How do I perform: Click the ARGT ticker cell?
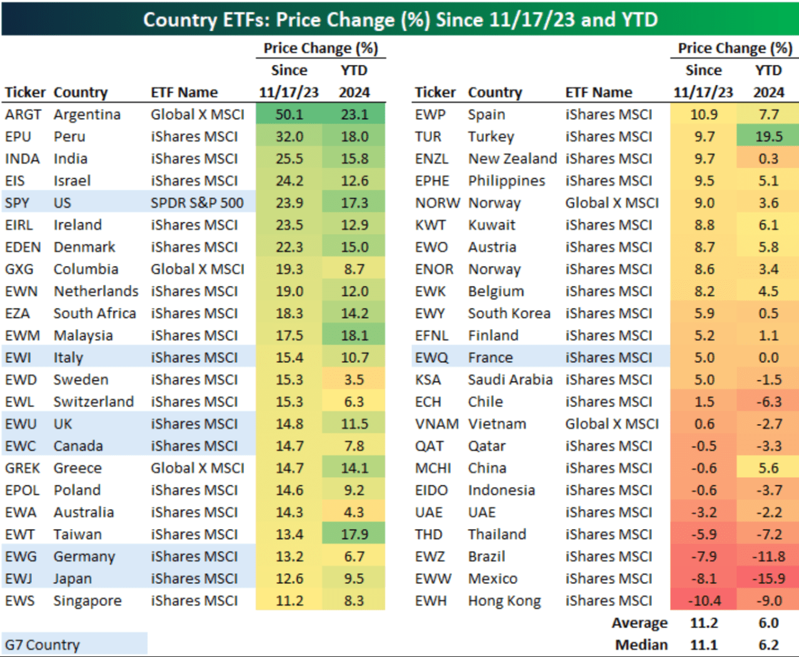pyautogui.click(x=23, y=115)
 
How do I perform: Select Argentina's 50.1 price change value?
pyautogui.click(x=289, y=115)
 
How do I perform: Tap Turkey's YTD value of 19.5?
pyautogui.click(x=768, y=137)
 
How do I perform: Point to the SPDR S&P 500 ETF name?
pyautogui.click(x=197, y=203)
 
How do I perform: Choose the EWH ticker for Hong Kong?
pyautogui.click(x=431, y=601)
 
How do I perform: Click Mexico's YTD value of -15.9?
pyautogui.click(x=768, y=579)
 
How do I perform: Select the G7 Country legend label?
pyautogui.click(x=42, y=645)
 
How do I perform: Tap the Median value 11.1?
pyautogui.click(x=703, y=645)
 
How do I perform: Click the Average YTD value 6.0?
pyautogui.click(x=768, y=623)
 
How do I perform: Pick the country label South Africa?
pyautogui.click(x=94, y=314)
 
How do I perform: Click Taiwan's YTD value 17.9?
pyautogui.click(x=354, y=535)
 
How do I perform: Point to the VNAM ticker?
pyautogui.click(x=437, y=424)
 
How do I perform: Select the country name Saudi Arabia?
pyautogui.click(x=510, y=380)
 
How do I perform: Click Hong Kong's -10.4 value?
pyautogui.click(x=703, y=601)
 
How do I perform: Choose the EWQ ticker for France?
pyautogui.click(x=431, y=358)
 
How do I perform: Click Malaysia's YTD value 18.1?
pyautogui.click(x=354, y=335)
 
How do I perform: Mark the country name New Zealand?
pyautogui.click(x=512, y=159)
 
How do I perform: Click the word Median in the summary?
pyautogui.click(x=641, y=645)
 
